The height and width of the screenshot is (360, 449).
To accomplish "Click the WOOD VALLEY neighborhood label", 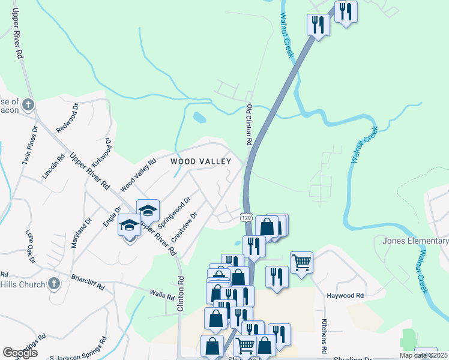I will point(200,161).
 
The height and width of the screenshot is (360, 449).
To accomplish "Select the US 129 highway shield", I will point(246,216).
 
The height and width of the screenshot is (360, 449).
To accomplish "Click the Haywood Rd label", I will point(345,296).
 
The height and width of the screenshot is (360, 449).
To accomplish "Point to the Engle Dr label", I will point(110,215).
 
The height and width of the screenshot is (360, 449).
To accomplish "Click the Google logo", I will point(20,353).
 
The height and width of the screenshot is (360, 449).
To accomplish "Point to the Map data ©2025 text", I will point(423,355).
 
